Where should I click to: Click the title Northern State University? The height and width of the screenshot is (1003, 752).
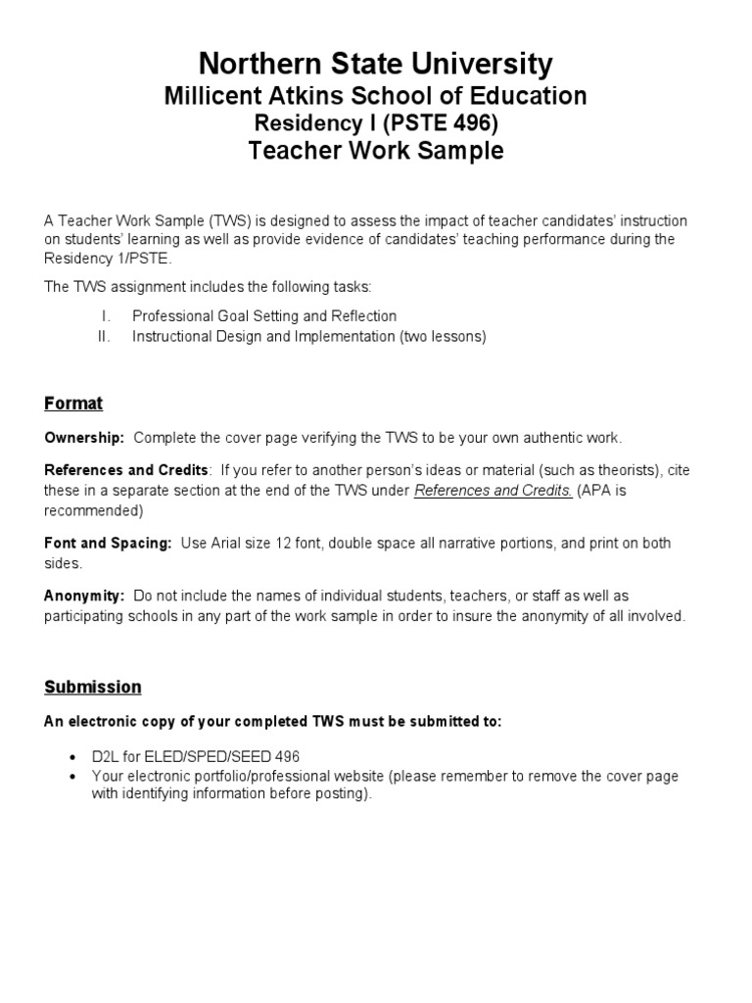[x=376, y=65]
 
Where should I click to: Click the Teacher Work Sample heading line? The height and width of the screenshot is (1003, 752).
[x=376, y=152]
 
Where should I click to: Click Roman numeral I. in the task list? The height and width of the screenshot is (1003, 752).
[x=108, y=316]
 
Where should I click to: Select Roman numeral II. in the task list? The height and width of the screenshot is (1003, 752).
[x=106, y=336]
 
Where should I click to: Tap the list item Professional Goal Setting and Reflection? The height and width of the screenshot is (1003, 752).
[x=264, y=316]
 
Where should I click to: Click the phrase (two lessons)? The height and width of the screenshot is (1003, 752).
[x=443, y=336]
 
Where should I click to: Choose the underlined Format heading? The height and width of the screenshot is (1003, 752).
[x=73, y=404]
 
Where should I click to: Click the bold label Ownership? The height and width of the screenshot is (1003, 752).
[x=84, y=438]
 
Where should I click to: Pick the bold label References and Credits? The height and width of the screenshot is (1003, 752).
[x=126, y=470]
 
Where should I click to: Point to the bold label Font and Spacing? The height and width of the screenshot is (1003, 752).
[x=108, y=543]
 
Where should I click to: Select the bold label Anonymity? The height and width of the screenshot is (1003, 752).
[x=84, y=596]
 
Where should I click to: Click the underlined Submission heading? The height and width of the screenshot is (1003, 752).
[x=93, y=687]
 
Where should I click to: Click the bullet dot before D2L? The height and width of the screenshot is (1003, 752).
[x=76, y=757]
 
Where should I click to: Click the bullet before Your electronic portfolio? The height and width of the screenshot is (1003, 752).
[x=76, y=777]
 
